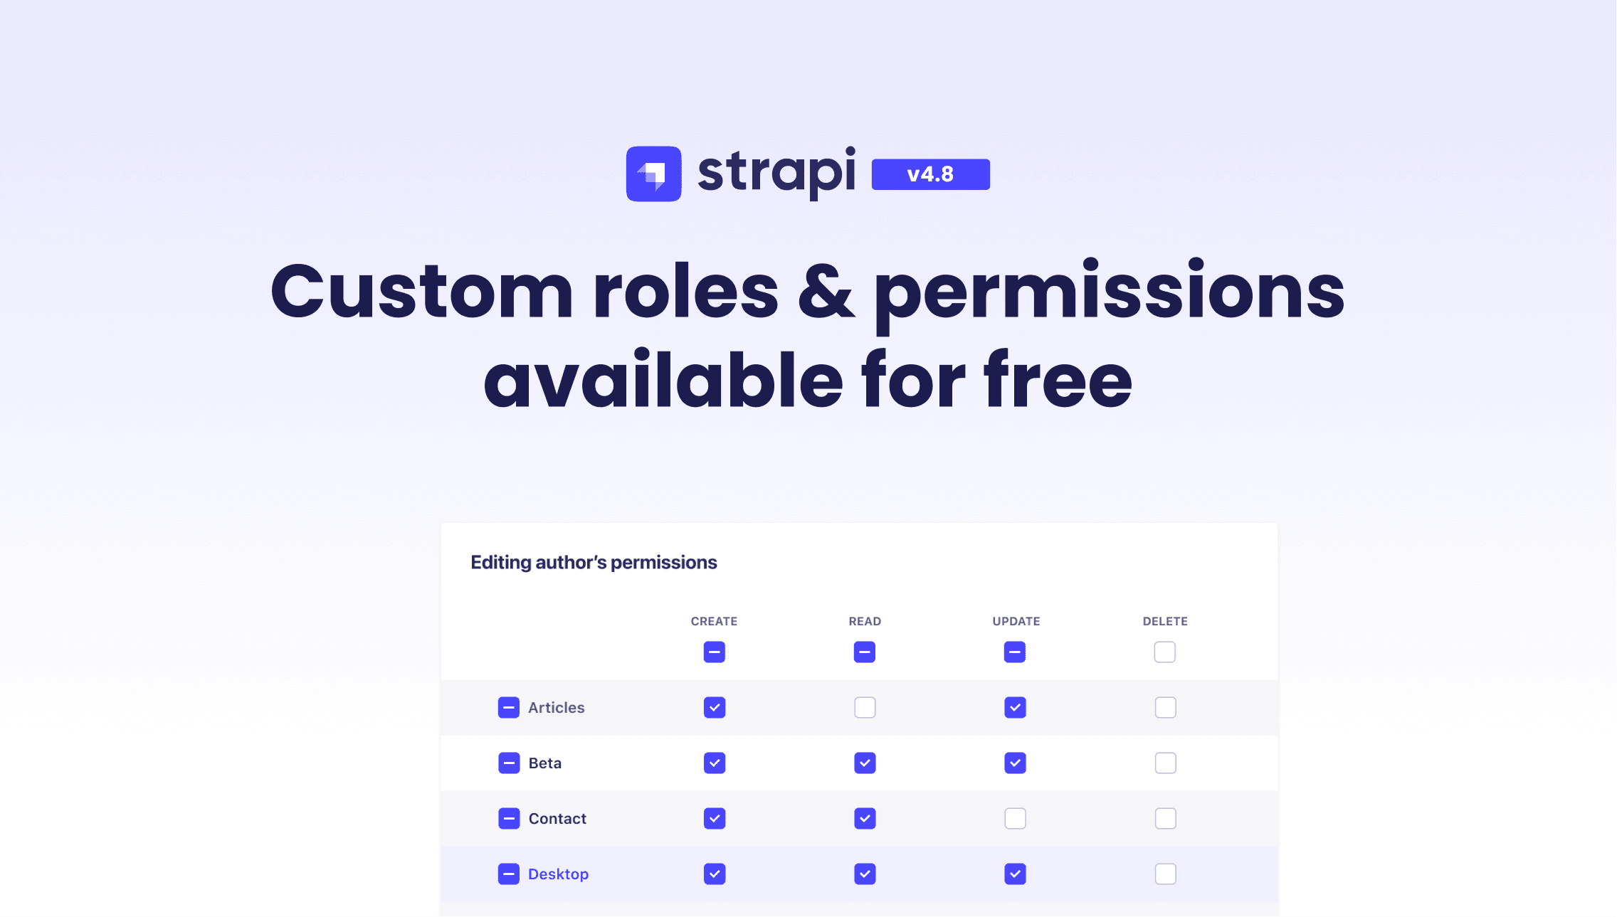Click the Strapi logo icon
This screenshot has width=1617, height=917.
click(653, 174)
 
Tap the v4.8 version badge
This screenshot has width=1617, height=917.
click(930, 174)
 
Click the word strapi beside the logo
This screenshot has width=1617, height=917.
click(776, 172)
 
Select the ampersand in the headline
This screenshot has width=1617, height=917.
click(826, 291)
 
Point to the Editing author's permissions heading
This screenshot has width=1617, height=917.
click(594, 562)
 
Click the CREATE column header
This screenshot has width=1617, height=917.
click(714, 621)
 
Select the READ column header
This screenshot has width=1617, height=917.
click(865, 621)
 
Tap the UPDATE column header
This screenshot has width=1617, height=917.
click(1016, 621)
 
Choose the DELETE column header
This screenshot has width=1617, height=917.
click(1165, 621)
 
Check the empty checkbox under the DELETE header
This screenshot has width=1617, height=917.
click(1164, 652)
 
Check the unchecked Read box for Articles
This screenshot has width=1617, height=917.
click(865, 707)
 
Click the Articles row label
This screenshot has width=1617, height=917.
click(556, 707)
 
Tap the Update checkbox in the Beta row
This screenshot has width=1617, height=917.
click(1015, 763)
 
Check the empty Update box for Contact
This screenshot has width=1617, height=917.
click(1015, 818)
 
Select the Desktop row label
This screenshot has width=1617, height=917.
click(558, 874)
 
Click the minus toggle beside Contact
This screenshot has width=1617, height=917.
click(509, 818)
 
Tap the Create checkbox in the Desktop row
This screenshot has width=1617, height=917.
click(715, 874)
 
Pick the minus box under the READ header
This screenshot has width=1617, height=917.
click(864, 652)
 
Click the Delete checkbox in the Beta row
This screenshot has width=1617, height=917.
click(1165, 763)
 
